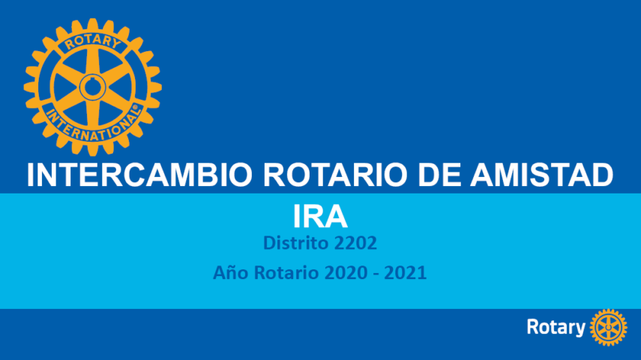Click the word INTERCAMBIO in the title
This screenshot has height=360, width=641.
pos(139,175)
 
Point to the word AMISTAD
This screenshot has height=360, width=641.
pos(541,175)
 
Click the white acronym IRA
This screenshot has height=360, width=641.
pos(320,217)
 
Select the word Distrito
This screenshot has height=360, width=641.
pos(296,243)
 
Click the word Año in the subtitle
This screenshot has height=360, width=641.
pos(231,272)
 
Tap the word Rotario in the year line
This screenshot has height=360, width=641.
pos(286,272)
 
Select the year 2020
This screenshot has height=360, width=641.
pos(346,273)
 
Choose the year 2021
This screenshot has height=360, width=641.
pos(406,273)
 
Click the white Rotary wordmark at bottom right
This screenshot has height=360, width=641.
pos(556,327)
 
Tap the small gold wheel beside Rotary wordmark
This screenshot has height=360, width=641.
pos(609,328)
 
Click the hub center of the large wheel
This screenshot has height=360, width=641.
pos(93,87)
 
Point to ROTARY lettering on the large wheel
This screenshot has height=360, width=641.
pos(93,41)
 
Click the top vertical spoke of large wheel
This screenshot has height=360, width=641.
pos(93,60)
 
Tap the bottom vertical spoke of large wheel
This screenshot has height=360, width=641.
pos(93,115)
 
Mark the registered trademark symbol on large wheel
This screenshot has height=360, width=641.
pos(135,107)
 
